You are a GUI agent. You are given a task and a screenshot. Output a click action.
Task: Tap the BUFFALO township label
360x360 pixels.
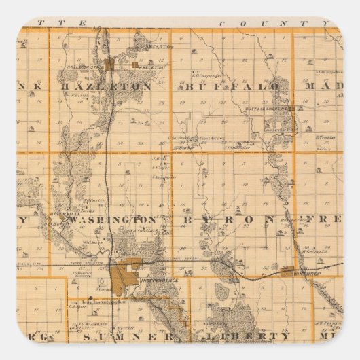(230, 88)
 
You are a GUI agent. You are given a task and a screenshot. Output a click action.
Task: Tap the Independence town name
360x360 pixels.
(159, 281)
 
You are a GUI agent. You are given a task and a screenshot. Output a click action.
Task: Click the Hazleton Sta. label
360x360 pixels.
(84, 68)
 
